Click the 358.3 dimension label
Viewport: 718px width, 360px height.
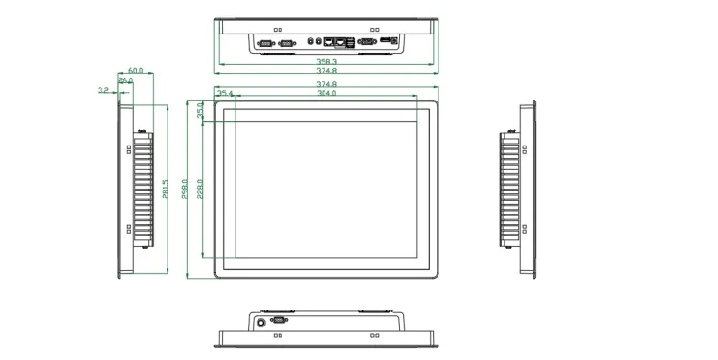pyautogui.click(x=327, y=61)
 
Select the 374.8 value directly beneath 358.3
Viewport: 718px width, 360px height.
pyautogui.click(x=327, y=71)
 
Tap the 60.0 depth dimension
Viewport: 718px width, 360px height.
pyautogui.click(x=135, y=71)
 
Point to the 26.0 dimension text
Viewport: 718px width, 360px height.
pyautogui.click(x=125, y=80)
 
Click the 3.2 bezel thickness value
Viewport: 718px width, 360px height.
pyautogui.click(x=102, y=90)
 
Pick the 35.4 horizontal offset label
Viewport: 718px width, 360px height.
pyautogui.click(x=226, y=94)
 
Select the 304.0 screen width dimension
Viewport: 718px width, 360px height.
pyautogui.click(x=326, y=94)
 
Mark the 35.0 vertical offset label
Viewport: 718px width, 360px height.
pyautogui.click(x=200, y=111)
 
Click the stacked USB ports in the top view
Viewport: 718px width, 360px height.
pyautogui.click(x=350, y=42)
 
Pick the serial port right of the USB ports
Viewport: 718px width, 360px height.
pyautogui.click(x=368, y=42)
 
